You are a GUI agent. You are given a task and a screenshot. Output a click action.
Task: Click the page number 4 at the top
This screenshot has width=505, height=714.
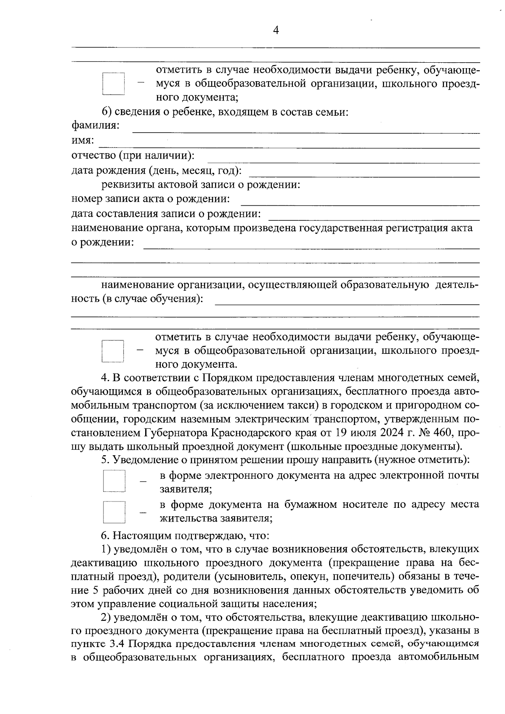(x=276, y=30)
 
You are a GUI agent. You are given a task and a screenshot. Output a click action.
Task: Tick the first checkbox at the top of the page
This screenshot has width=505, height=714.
(x=114, y=84)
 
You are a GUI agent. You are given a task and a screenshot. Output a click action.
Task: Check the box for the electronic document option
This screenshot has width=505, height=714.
(x=114, y=481)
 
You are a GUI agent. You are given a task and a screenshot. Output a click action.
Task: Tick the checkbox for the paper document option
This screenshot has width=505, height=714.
(x=114, y=512)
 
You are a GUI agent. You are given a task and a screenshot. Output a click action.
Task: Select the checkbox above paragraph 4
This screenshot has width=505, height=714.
(x=113, y=351)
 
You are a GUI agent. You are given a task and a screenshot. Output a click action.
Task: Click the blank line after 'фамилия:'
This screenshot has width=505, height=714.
(x=306, y=129)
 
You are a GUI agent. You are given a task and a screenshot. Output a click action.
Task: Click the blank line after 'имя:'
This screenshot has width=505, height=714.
(x=289, y=143)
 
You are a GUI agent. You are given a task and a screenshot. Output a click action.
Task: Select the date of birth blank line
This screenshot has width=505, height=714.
(x=364, y=173)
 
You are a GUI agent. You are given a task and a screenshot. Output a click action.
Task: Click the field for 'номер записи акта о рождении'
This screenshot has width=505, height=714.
(x=360, y=202)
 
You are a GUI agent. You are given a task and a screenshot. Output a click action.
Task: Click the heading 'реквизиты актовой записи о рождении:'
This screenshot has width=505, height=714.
(x=200, y=185)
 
